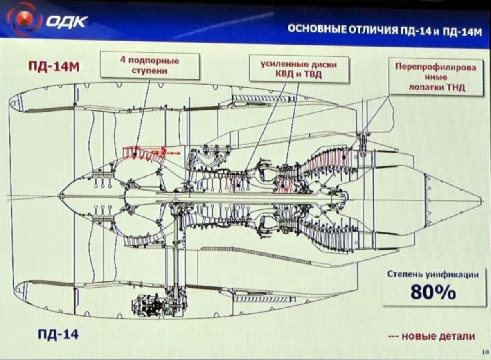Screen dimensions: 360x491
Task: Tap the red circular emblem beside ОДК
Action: [x=24, y=18]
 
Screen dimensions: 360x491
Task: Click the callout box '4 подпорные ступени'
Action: [x=149, y=65]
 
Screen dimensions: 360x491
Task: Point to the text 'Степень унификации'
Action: [x=432, y=275]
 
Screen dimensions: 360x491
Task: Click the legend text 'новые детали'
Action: [x=438, y=336]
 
